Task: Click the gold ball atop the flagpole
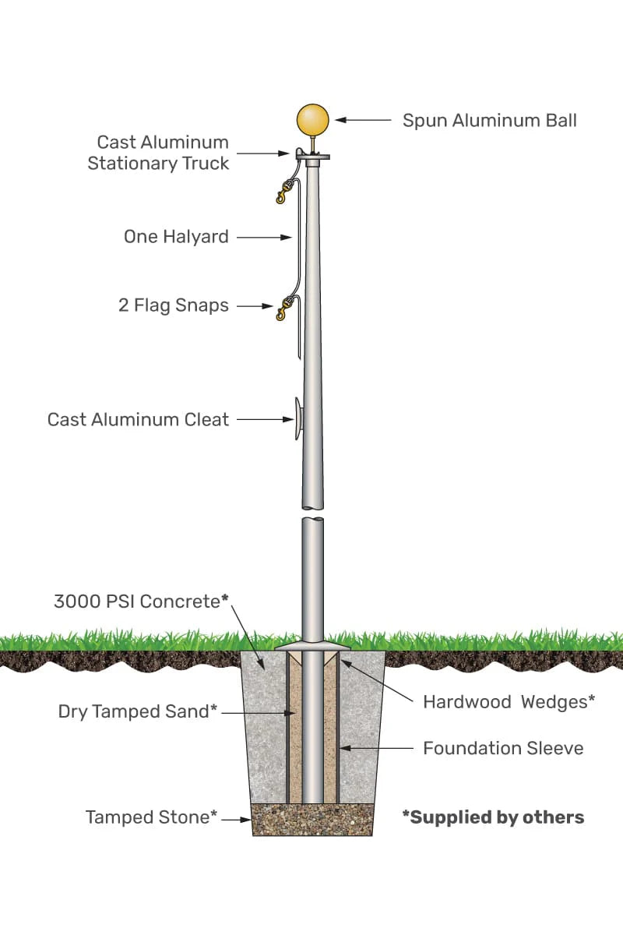click(x=312, y=120)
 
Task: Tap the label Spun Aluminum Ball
click(x=489, y=120)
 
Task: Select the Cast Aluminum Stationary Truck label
click(x=159, y=153)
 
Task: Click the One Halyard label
click(x=176, y=237)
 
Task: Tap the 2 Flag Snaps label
click(x=174, y=305)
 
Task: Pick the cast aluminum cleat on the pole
click(x=297, y=418)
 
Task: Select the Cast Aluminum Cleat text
click(x=139, y=419)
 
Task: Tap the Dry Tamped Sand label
click(x=137, y=711)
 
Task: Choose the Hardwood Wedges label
click(x=509, y=701)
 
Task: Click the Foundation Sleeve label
click(x=503, y=748)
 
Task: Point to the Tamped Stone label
click(x=151, y=817)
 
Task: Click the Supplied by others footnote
click(x=493, y=817)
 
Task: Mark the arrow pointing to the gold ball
click(x=363, y=120)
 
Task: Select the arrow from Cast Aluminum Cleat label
click(x=264, y=419)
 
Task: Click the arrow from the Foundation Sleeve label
click(x=377, y=748)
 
